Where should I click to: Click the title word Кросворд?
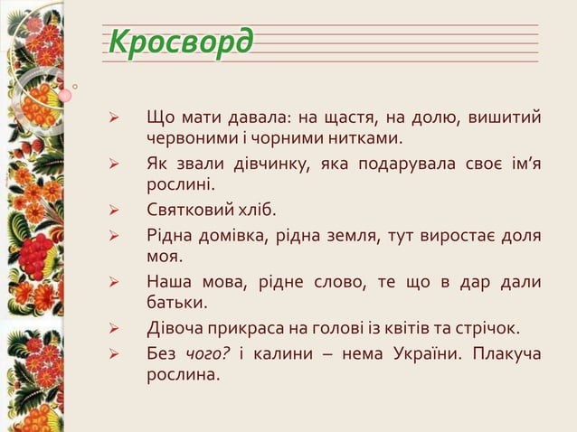tap(180, 42)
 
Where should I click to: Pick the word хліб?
tap(256, 211)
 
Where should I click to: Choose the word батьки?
tap(177, 304)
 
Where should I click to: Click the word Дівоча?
tap(175, 328)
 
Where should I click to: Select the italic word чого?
tap(209, 352)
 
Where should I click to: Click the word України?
tap(430, 352)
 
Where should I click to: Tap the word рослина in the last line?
tap(183, 374)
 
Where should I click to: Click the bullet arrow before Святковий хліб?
tap(115, 212)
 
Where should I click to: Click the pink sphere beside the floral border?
tap(65, 95)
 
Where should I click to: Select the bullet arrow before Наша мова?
tap(115, 283)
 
